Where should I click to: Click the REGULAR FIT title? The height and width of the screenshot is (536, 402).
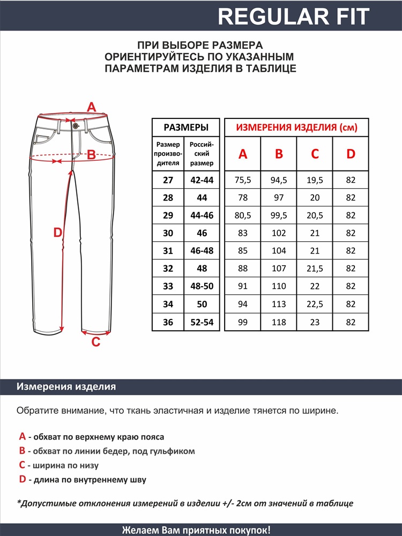(294, 17)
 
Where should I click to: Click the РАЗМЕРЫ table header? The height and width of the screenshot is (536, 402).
(185, 128)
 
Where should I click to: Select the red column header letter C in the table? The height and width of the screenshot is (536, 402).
(315, 154)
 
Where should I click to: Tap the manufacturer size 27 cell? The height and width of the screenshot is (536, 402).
(168, 180)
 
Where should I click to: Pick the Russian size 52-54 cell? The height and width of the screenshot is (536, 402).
(202, 323)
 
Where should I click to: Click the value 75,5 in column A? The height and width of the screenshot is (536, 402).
(243, 180)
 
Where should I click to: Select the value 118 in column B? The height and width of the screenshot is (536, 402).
(279, 323)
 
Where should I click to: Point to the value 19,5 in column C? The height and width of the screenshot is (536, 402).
(315, 180)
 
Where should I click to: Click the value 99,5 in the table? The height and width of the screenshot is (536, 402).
(279, 215)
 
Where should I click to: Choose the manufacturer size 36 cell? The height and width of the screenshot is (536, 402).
(168, 323)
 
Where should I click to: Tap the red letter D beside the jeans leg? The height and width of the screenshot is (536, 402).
(58, 233)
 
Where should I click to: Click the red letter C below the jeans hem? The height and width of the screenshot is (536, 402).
(95, 342)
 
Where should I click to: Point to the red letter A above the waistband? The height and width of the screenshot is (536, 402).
(91, 107)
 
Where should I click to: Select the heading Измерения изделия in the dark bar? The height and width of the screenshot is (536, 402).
(66, 387)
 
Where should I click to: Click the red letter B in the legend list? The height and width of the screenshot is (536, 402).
(22, 451)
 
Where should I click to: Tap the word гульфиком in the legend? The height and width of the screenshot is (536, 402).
(174, 451)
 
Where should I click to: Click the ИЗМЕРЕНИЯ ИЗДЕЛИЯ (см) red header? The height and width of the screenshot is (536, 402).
(296, 128)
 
